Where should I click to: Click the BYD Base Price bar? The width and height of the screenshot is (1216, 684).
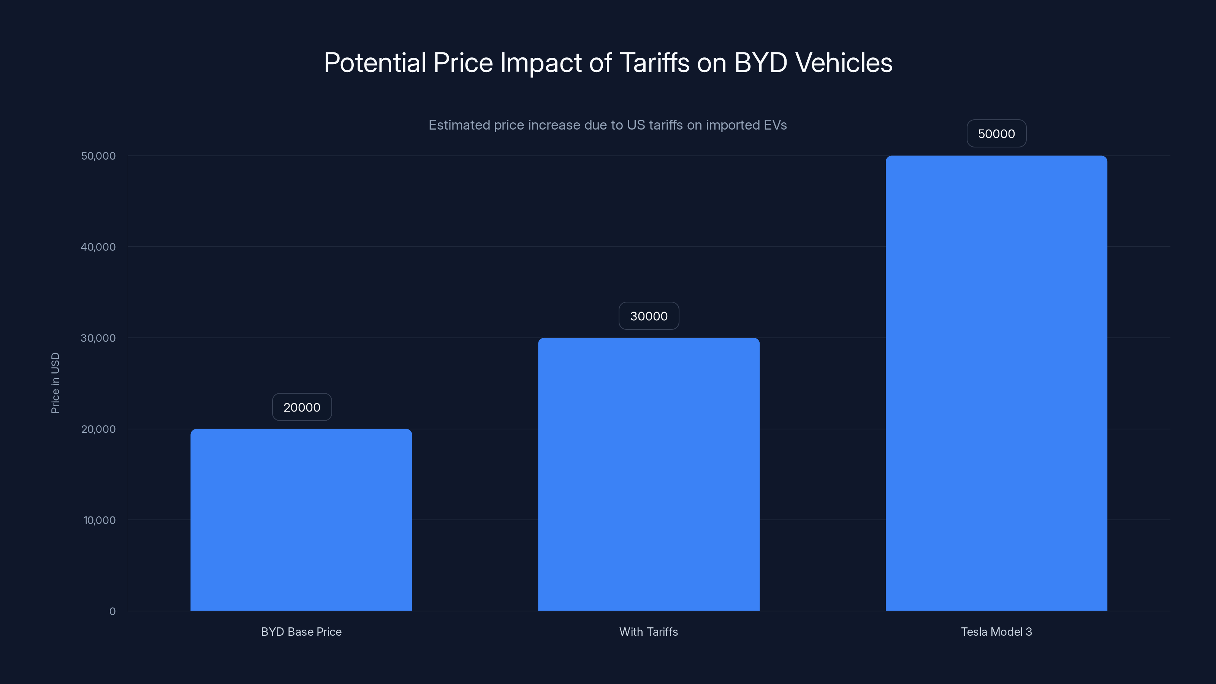point(301,519)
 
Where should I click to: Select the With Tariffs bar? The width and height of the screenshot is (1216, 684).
point(649,474)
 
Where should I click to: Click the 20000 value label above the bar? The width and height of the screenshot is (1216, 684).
point(302,407)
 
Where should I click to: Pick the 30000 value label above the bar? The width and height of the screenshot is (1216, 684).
point(649,316)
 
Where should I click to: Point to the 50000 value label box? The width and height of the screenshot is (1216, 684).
point(996,134)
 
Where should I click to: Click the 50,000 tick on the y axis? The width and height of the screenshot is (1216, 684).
point(98,156)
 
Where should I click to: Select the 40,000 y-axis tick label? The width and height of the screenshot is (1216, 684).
point(98,247)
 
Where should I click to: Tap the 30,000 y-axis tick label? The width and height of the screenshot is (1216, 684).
point(98,338)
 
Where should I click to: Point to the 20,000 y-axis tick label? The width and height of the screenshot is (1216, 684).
point(98,429)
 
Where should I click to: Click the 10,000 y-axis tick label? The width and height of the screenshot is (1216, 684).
point(99,520)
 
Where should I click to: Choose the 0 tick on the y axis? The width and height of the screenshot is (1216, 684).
point(112,611)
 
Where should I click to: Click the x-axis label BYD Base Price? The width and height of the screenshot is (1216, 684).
point(301,632)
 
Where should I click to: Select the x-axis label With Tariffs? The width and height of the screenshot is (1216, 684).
point(649,632)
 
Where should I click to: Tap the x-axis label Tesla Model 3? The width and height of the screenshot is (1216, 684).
point(996,632)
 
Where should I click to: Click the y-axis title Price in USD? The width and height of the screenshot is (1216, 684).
point(55,383)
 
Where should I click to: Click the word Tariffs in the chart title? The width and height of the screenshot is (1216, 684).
point(654,62)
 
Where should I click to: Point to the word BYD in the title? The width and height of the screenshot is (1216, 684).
point(760,62)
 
